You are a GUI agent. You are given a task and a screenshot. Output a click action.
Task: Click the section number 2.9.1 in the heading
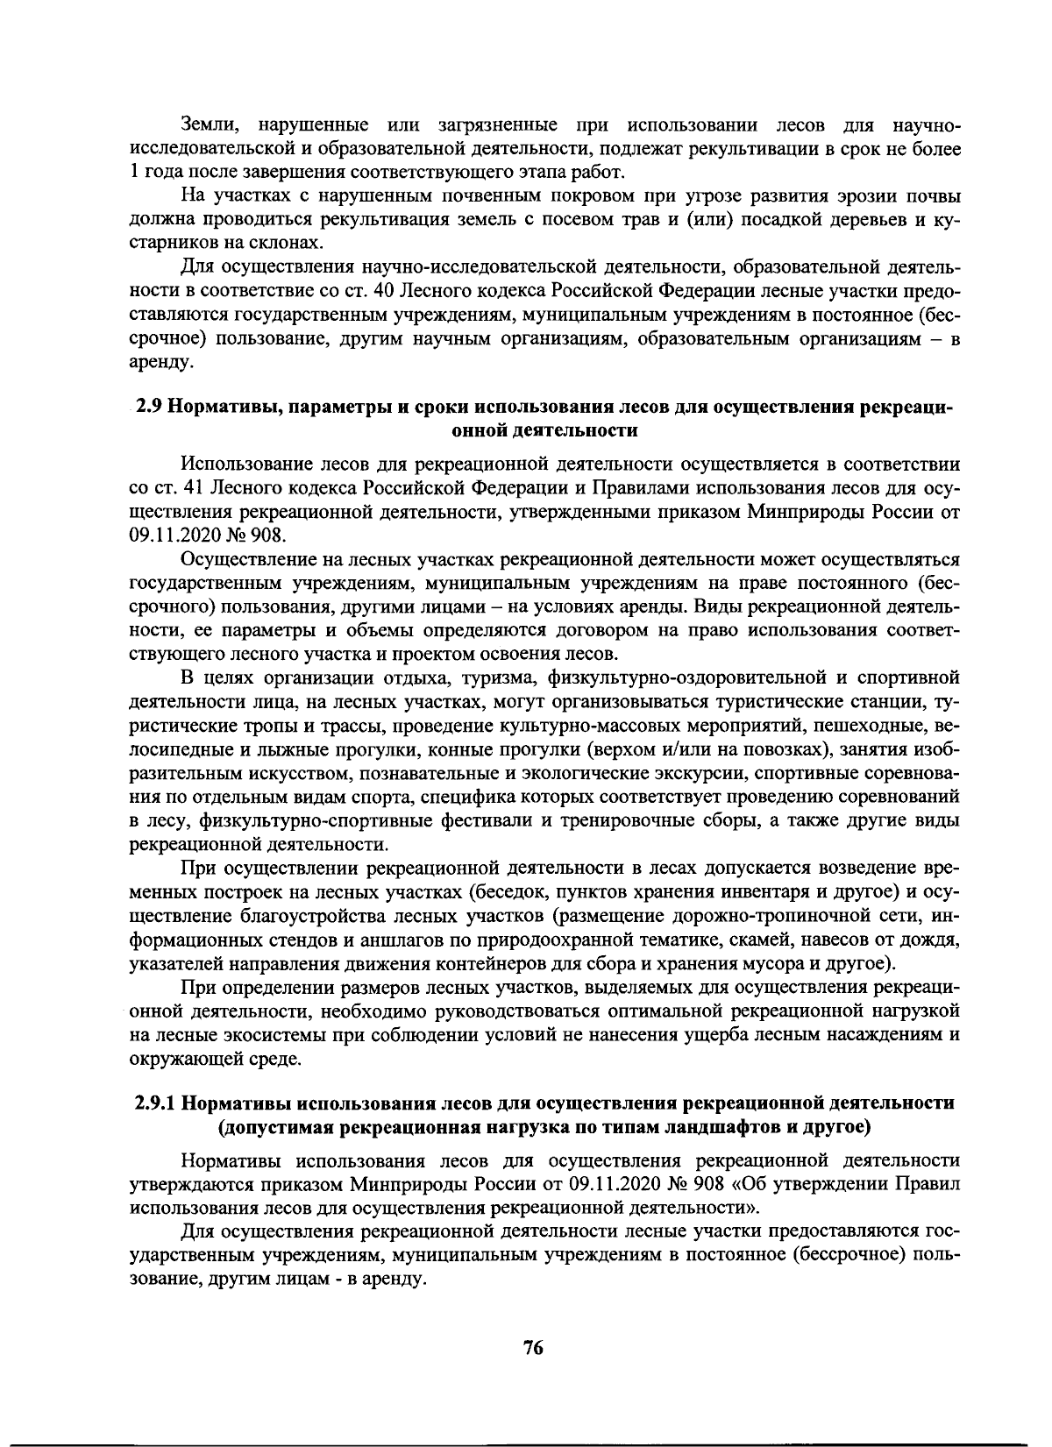point(157,1101)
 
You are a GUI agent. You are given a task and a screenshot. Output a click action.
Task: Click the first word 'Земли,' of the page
point(207,125)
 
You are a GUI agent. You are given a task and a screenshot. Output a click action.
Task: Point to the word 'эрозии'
point(853,195)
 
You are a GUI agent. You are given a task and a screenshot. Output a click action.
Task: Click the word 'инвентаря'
point(735,892)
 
